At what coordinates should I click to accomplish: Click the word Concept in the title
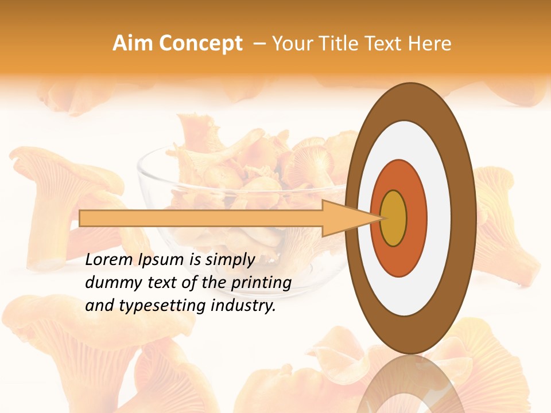pos(200,44)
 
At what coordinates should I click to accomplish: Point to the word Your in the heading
pos(292,44)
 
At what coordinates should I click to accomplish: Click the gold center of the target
pos(393,218)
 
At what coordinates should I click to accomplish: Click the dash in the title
pos(259,44)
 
